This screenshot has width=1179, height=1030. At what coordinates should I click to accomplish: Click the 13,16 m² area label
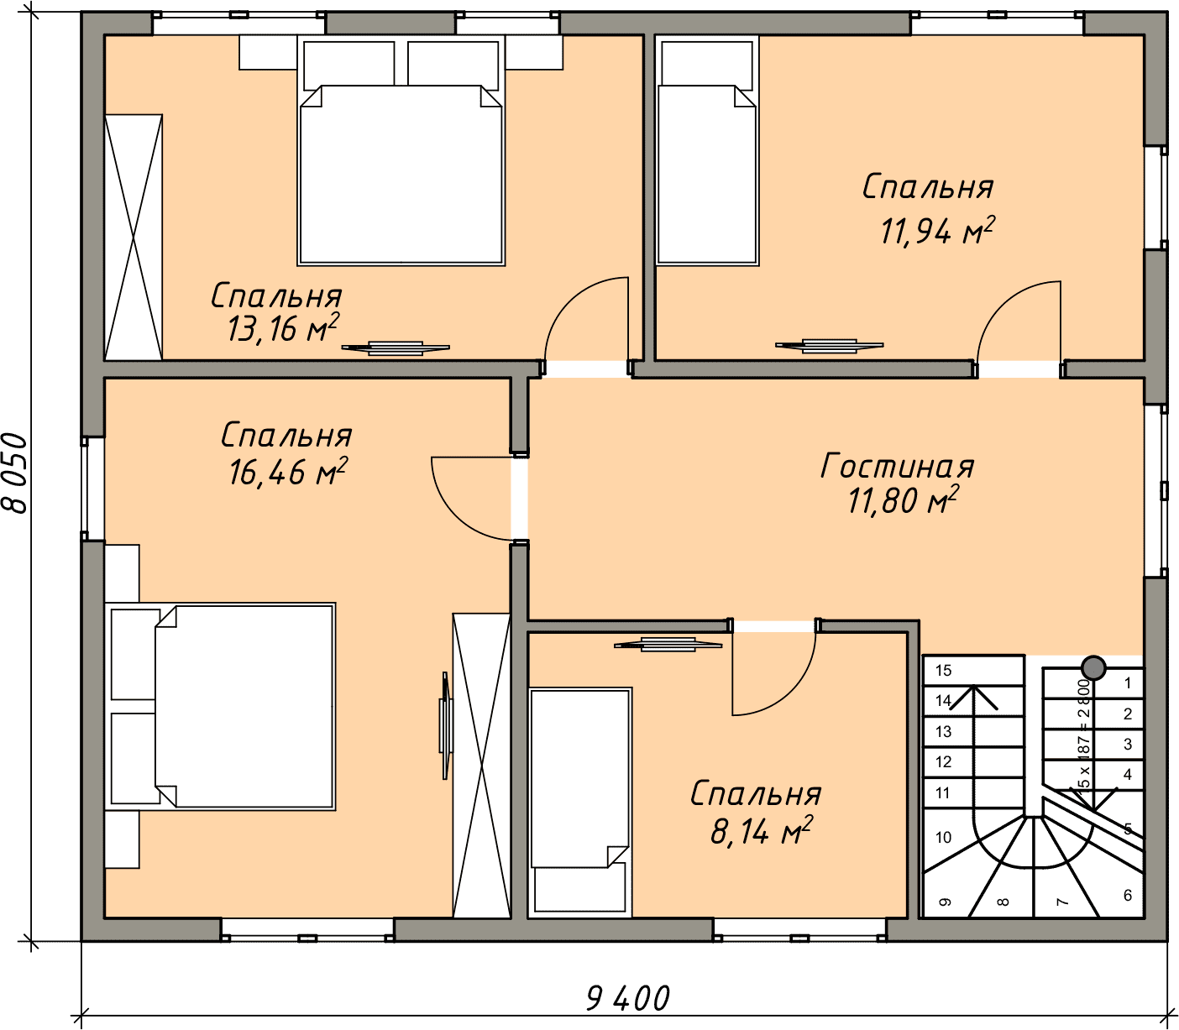click(x=283, y=327)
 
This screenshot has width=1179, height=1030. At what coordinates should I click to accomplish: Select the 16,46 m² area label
click(x=288, y=472)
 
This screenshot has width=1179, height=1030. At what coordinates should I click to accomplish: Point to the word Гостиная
click(x=897, y=466)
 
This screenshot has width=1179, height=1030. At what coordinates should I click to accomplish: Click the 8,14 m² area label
click(x=761, y=831)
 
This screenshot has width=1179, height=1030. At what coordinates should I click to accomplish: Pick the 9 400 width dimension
click(x=628, y=998)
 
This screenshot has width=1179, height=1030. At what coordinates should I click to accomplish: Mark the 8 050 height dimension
click(x=16, y=473)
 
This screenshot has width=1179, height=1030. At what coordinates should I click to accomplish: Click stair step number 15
click(x=943, y=671)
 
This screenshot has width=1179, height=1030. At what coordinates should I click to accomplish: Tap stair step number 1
click(x=1128, y=683)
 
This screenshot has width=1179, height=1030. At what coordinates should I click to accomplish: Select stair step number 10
click(x=943, y=837)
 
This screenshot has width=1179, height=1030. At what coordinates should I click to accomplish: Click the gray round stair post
click(x=1093, y=668)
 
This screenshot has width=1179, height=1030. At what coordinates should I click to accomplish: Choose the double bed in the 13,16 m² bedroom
click(x=401, y=150)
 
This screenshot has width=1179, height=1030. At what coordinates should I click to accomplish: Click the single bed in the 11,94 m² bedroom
click(x=707, y=150)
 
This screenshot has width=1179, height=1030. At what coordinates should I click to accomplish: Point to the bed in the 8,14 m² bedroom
click(x=580, y=802)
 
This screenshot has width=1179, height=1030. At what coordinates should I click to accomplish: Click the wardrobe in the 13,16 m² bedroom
click(x=134, y=238)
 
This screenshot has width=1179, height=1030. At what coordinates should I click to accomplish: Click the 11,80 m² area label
click(x=903, y=500)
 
